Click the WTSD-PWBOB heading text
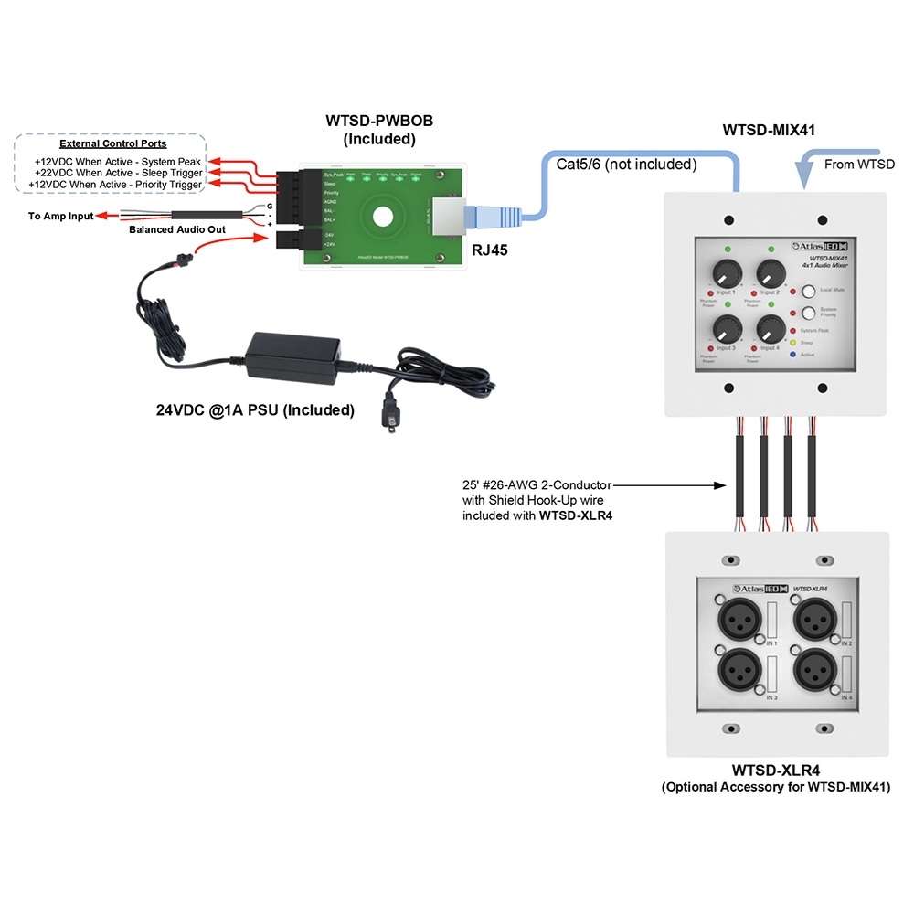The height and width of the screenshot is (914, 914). coord(379,122)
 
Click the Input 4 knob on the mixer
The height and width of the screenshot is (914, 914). coord(771,329)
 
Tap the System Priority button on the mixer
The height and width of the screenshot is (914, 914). coord(808,313)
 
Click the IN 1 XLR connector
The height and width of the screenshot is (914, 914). coord(738,622)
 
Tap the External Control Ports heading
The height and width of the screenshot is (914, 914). coord(112,144)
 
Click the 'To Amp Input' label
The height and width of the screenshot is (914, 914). coord(60,217)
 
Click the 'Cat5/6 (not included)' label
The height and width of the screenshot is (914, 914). coord(626,165)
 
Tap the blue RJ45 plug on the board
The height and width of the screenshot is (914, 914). coord(484,218)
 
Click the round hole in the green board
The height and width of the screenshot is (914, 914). coord(380,218)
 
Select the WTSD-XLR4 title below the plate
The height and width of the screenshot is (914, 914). coord(775,771)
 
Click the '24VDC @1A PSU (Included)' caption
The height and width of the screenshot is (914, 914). coord(255,410)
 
